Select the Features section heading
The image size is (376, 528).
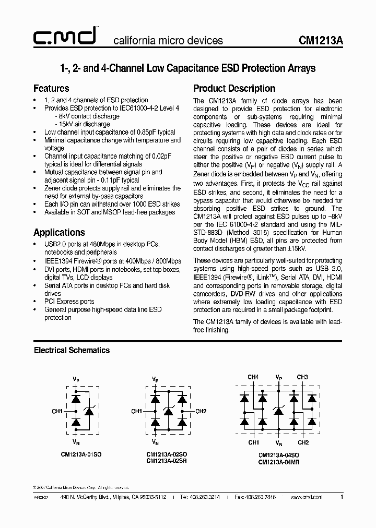(x=51, y=88)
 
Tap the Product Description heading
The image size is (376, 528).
(x=234, y=88)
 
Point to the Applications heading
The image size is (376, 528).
(x=59, y=232)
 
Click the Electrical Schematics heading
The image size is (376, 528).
(x=72, y=350)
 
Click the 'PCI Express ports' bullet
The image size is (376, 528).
(x=69, y=301)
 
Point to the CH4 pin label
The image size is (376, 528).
(x=253, y=377)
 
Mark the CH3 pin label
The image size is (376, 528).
(x=302, y=377)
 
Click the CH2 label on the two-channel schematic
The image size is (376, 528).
(x=201, y=411)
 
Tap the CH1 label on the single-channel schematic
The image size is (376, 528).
(x=57, y=411)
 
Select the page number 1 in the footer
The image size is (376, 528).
(x=342, y=497)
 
